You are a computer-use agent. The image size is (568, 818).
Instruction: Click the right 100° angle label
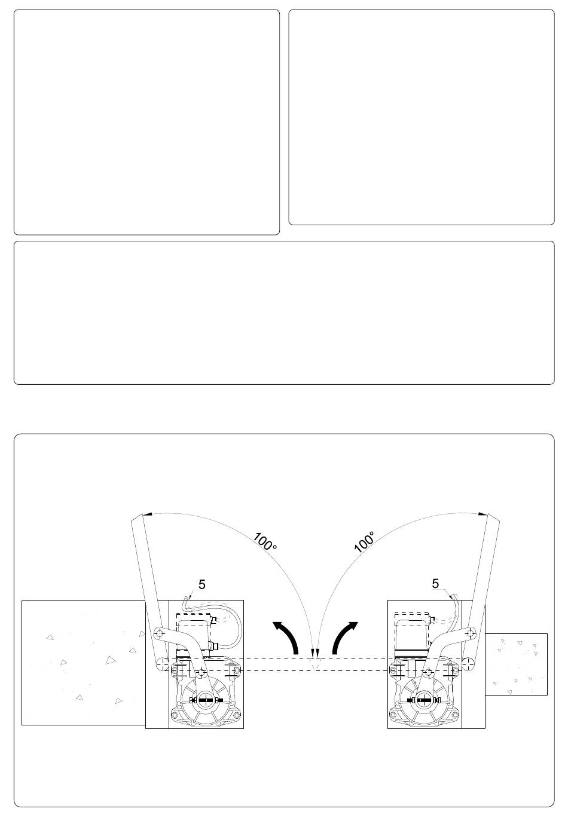pos(364,541)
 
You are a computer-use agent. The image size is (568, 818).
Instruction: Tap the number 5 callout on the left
pos(201,584)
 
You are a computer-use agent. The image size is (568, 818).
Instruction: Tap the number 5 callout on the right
pos(435,584)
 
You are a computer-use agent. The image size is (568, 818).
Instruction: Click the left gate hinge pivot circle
pos(160,662)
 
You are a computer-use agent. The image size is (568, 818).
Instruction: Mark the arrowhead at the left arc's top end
pos(147,514)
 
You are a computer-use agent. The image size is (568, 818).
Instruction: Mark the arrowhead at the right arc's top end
pos(483,514)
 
